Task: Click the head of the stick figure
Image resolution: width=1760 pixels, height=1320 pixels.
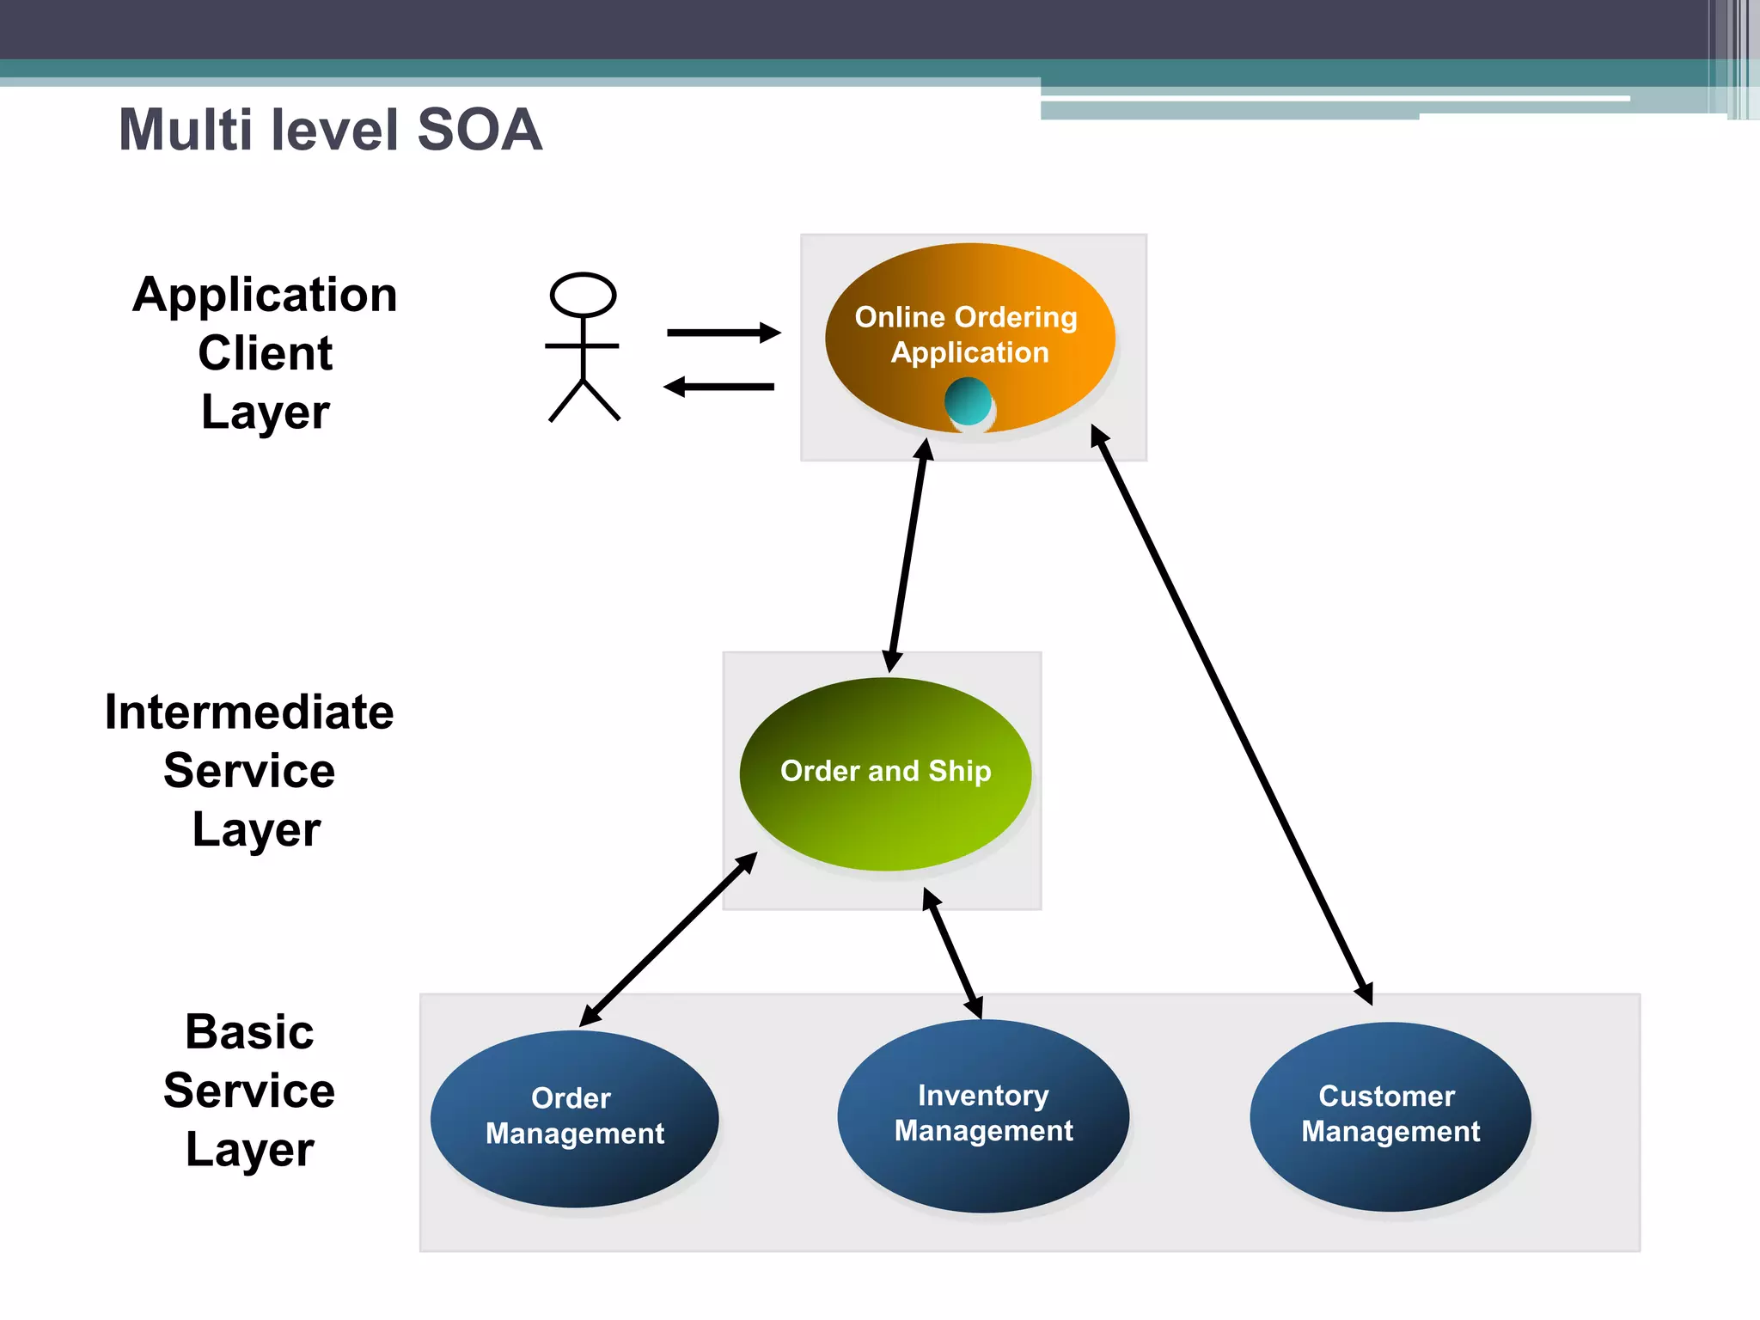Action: click(583, 296)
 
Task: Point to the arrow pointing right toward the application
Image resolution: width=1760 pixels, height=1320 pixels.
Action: click(723, 333)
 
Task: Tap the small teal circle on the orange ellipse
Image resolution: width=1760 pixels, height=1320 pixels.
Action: click(968, 401)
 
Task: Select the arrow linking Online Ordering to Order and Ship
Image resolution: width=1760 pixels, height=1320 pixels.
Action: click(908, 555)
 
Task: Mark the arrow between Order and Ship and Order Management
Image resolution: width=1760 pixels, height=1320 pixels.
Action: click(669, 939)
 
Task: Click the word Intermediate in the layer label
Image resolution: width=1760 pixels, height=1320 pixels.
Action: click(249, 712)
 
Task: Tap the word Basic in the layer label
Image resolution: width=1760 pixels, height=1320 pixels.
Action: click(249, 1032)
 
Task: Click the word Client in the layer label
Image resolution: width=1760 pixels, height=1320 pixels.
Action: click(265, 353)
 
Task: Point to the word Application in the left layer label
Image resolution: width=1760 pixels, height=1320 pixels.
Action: click(265, 295)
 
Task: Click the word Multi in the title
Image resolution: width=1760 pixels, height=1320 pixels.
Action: click(184, 131)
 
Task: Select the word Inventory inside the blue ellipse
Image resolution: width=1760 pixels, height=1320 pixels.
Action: click(983, 1096)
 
